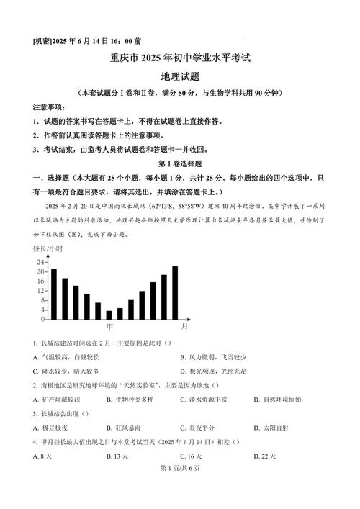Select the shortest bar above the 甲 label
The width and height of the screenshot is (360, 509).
(x=109, y=315)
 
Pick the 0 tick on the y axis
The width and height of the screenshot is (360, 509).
(x=43, y=319)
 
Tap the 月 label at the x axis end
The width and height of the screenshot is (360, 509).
(x=185, y=326)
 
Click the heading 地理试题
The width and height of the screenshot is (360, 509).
(x=180, y=76)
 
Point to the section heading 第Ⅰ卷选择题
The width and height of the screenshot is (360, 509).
(x=180, y=166)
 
